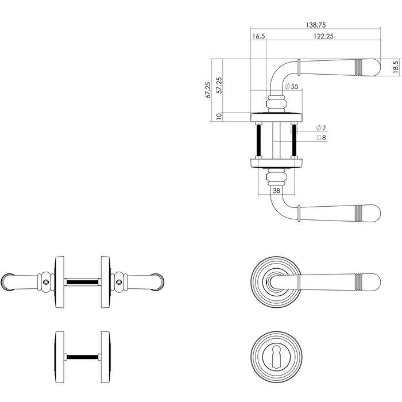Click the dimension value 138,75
316,26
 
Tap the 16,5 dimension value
258,36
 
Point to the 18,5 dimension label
395,67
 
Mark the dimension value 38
276,191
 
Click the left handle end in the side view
9,281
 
